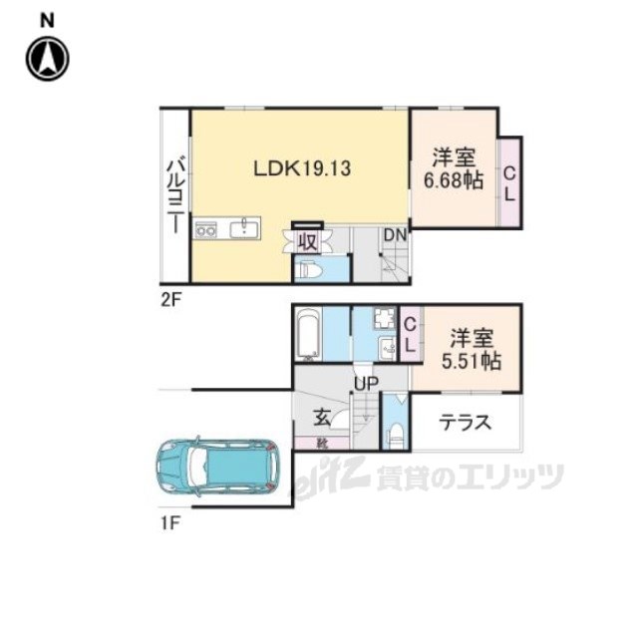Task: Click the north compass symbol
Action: coord(47,58)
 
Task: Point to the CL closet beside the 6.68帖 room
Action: coord(509,183)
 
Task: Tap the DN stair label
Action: coord(395,235)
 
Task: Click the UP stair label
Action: coord(363,383)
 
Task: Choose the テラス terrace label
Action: coord(465,422)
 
